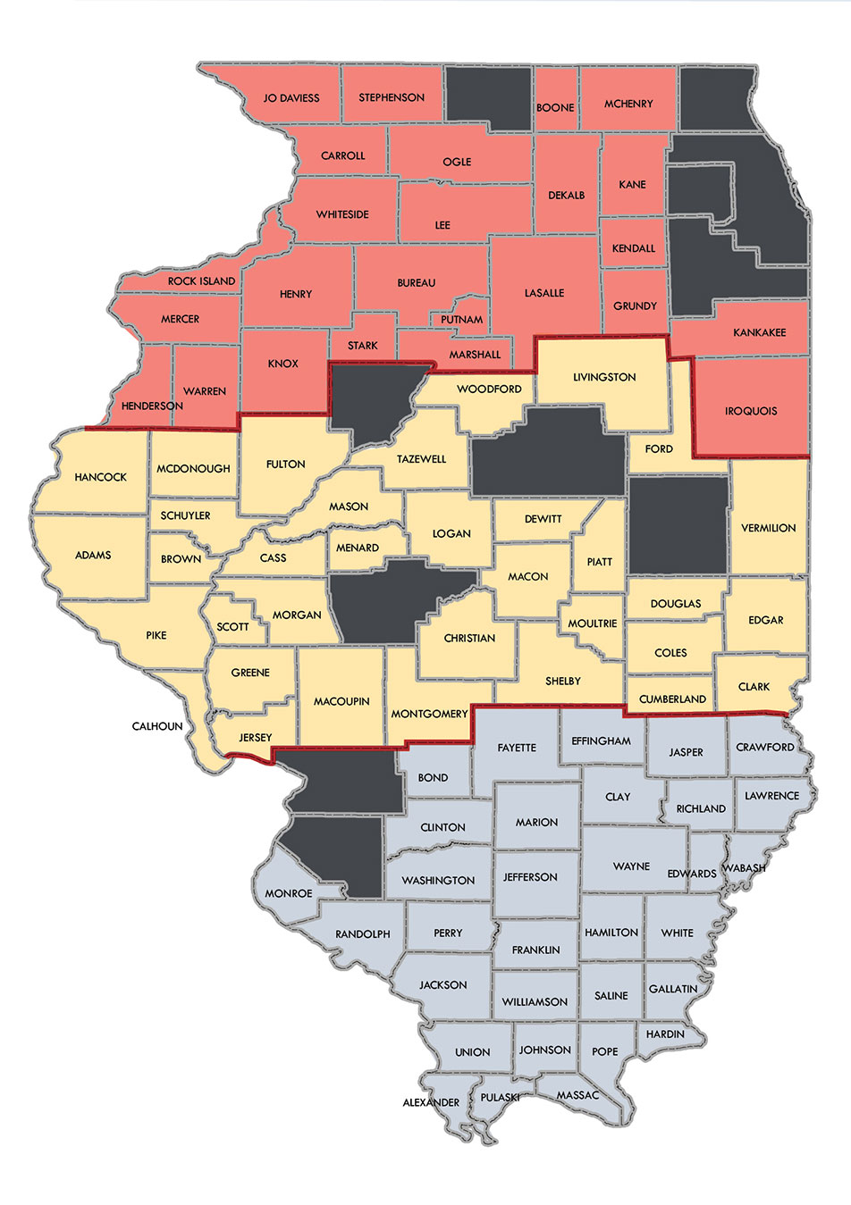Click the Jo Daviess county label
pyautogui.click(x=291, y=98)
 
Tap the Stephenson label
pyautogui.click(x=392, y=97)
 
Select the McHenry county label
pyautogui.click(x=628, y=104)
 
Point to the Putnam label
pyautogui.click(x=462, y=319)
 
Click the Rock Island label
pyautogui.click(x=202, y=281)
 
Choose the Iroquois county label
pyautogui.click(x=751, y=411)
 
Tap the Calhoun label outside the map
pyautogui.click(x=157, y=726)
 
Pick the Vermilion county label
pyautogui.click(x=768, y=528)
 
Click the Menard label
pyautogui.click(x=358, y=548)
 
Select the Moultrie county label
pyautogui.click(x=593, y=623)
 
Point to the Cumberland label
pyautogui.click(x=673, y=699)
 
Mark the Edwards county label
pyautogui.click(x=692, y=874)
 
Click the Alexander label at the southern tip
pyautogui.click(x=431, y=1102)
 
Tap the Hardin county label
pyautogui.click(x=665, y=1033)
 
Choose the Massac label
pyautogui.click(x=577, y=1095)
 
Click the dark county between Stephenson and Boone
pyautogui.click(x=488, y=96)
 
